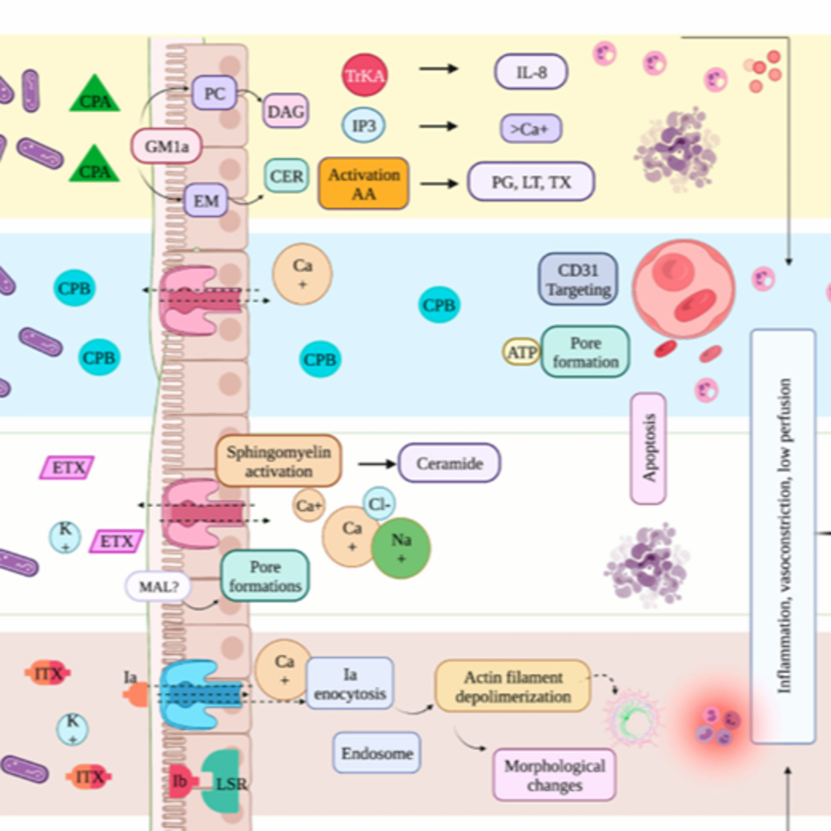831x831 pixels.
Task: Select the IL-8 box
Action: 531,72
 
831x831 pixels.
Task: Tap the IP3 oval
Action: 364,125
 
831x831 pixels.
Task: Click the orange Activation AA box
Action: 363,184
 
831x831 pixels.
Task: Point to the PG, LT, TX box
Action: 531,182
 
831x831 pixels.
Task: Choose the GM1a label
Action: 166,146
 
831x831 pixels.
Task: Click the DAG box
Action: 286,111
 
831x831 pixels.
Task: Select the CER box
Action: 286,176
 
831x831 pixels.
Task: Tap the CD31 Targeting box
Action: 578,279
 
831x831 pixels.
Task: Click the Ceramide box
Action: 449,463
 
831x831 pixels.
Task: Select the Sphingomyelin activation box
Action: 278,461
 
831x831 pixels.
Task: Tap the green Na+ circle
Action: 401,548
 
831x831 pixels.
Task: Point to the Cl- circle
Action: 379,504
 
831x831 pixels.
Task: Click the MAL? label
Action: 158,586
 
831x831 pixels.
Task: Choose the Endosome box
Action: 377,753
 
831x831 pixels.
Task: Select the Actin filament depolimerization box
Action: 513,686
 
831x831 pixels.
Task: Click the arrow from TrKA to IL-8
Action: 439,68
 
